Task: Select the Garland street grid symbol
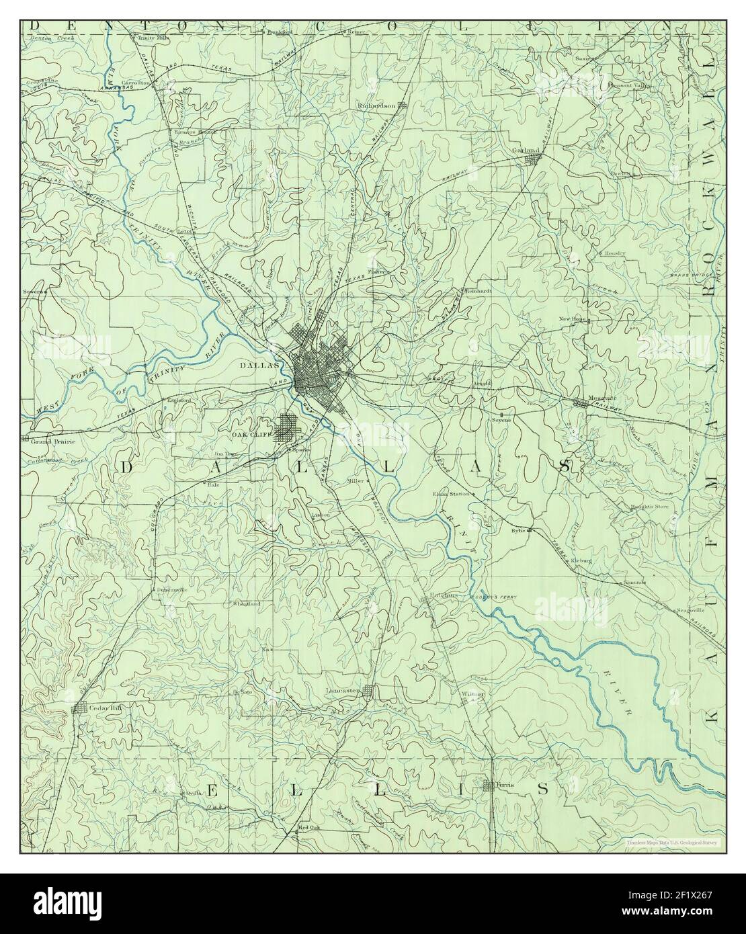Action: (x=534, y=159)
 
